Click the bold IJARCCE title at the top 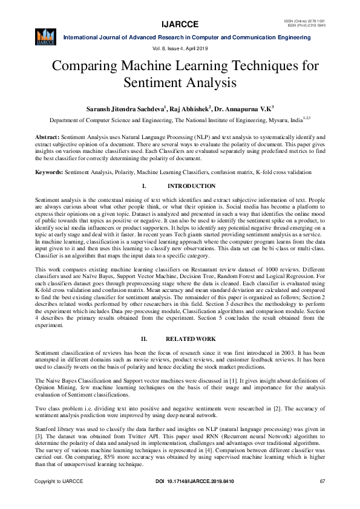coord(180,25)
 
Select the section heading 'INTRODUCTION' coord(191,186)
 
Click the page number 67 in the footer coord(322,498)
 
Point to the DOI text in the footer coord(181,498)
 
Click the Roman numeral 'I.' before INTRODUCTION coord(144,186)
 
